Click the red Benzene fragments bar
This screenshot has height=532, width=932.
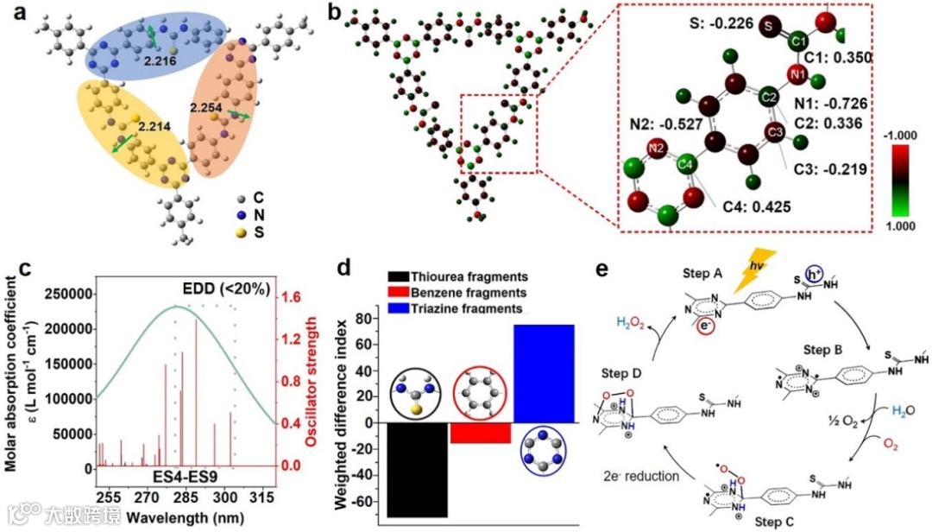click(481, 433)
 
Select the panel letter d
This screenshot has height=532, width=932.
click(343, 266)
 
